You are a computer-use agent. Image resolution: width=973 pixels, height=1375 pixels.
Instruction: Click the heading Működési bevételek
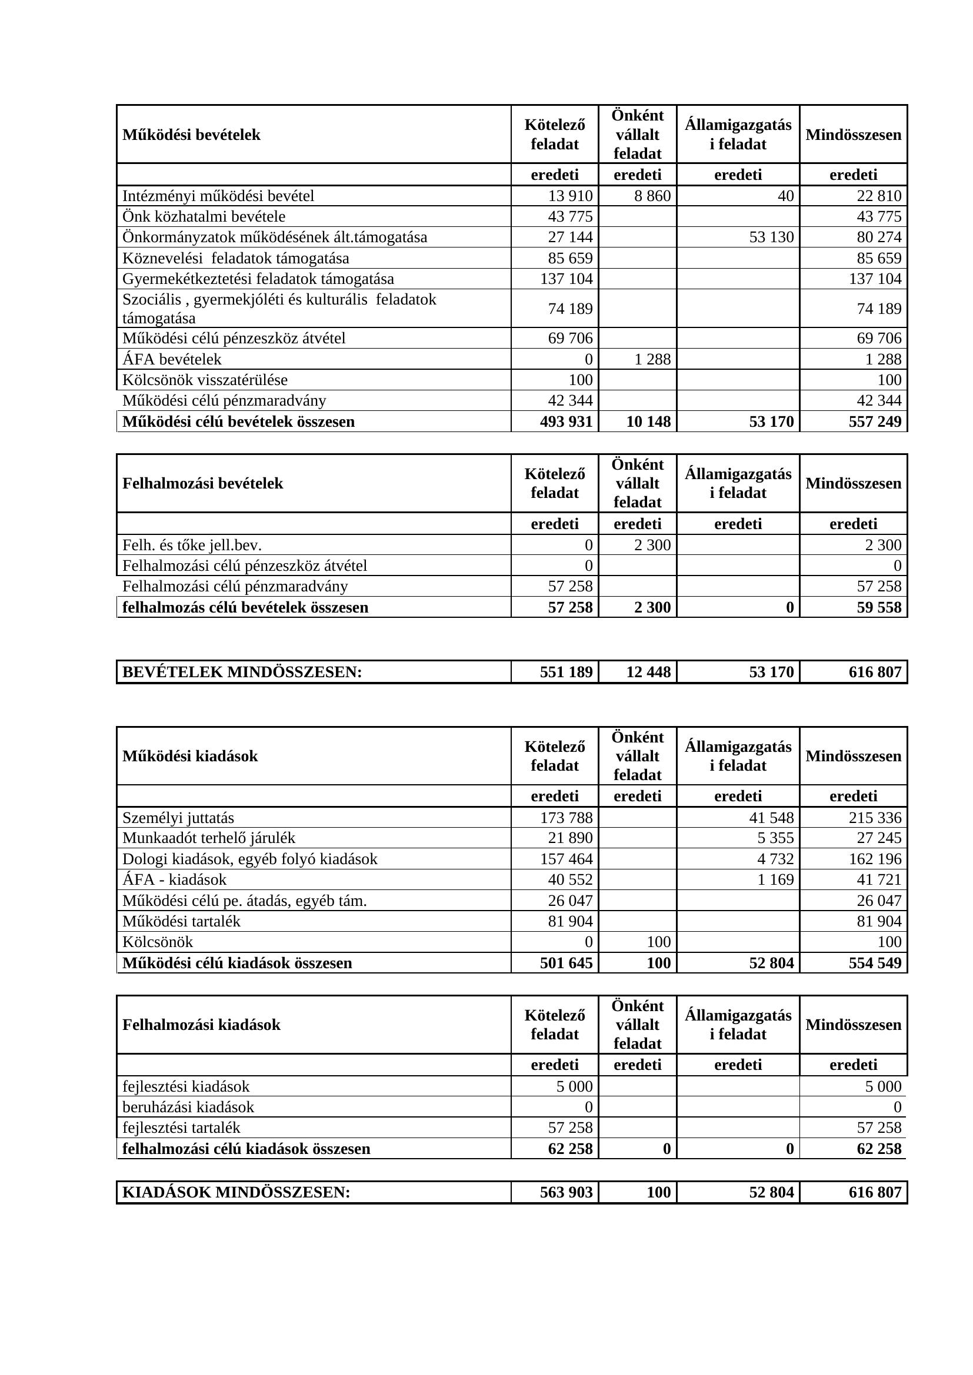(x=191, y=135)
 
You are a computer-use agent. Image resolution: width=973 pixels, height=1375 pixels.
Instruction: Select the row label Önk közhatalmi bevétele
(x=204, y=216)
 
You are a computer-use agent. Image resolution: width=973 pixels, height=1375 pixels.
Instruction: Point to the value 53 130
(x=771, y=237)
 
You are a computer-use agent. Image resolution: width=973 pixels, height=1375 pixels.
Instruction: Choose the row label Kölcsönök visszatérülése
(x=205, y=380)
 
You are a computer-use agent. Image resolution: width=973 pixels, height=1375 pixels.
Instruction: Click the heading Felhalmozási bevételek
(x=202, y=483)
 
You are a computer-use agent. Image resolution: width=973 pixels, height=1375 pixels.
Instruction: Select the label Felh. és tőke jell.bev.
(x=192, y=545)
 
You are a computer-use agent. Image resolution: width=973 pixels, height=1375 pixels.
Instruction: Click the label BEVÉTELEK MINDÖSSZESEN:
(x=242, y=672)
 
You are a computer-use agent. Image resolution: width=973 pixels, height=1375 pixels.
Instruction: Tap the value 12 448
(x=648, y=672)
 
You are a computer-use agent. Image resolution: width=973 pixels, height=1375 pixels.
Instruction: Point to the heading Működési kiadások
(x=190, y=756)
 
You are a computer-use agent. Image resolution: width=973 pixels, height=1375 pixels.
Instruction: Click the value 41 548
(x=771, y=818)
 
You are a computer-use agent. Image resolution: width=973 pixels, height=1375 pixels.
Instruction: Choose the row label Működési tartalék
(x=181, y=921)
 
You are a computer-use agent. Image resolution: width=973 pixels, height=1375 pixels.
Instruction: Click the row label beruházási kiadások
(x=188, y=1107)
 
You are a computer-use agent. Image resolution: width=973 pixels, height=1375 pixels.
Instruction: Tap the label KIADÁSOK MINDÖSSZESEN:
(x=236, y=1192)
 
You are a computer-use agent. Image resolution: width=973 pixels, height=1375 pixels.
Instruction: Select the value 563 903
(x=566, y=1192)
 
